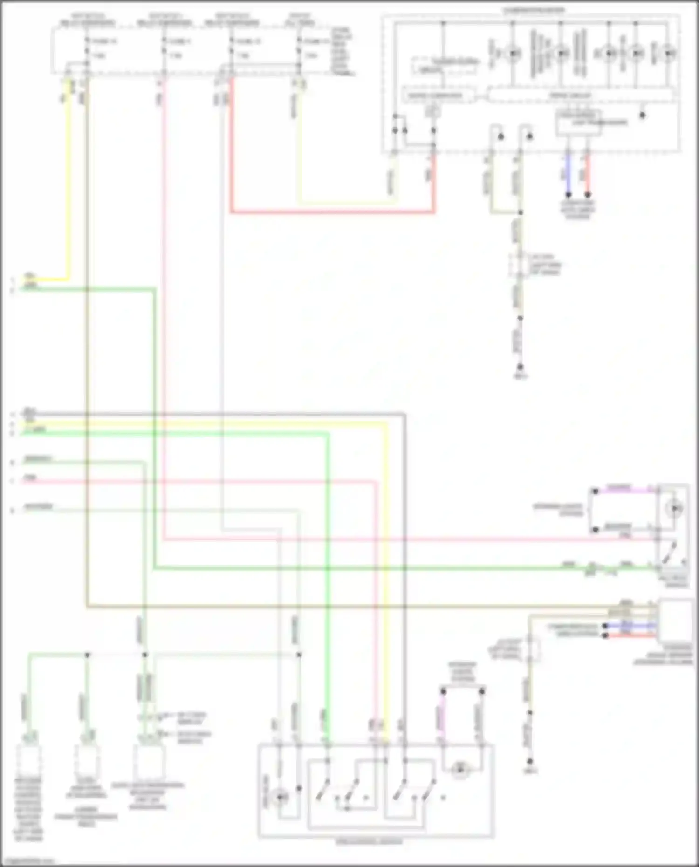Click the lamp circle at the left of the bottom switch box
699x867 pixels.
[280, 798]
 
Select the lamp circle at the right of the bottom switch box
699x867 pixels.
[460, 770]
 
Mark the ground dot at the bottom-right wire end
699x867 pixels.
[529, 761]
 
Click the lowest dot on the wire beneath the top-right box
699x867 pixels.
[520, 368]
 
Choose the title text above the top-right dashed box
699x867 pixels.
[534, 10]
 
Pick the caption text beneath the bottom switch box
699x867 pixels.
[369, 841]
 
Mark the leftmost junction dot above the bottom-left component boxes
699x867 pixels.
[87, 655]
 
